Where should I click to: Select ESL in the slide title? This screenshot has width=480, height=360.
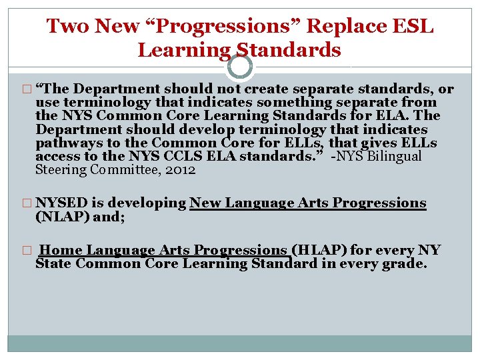pos(412,27)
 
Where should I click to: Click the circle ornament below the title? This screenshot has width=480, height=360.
pos(240,67)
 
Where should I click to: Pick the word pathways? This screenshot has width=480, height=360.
pos(66,143)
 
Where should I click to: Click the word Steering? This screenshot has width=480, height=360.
pos(57,169)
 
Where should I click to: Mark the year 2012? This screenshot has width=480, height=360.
pos(180,169)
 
